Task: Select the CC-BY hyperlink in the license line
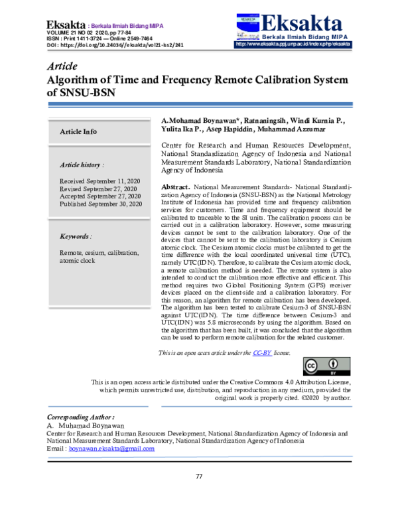(262, 352)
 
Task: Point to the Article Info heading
(78, 131)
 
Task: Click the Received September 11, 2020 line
(99, 181)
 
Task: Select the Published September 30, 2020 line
(101, 204)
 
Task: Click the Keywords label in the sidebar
(76, 236)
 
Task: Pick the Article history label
(82, 164)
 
